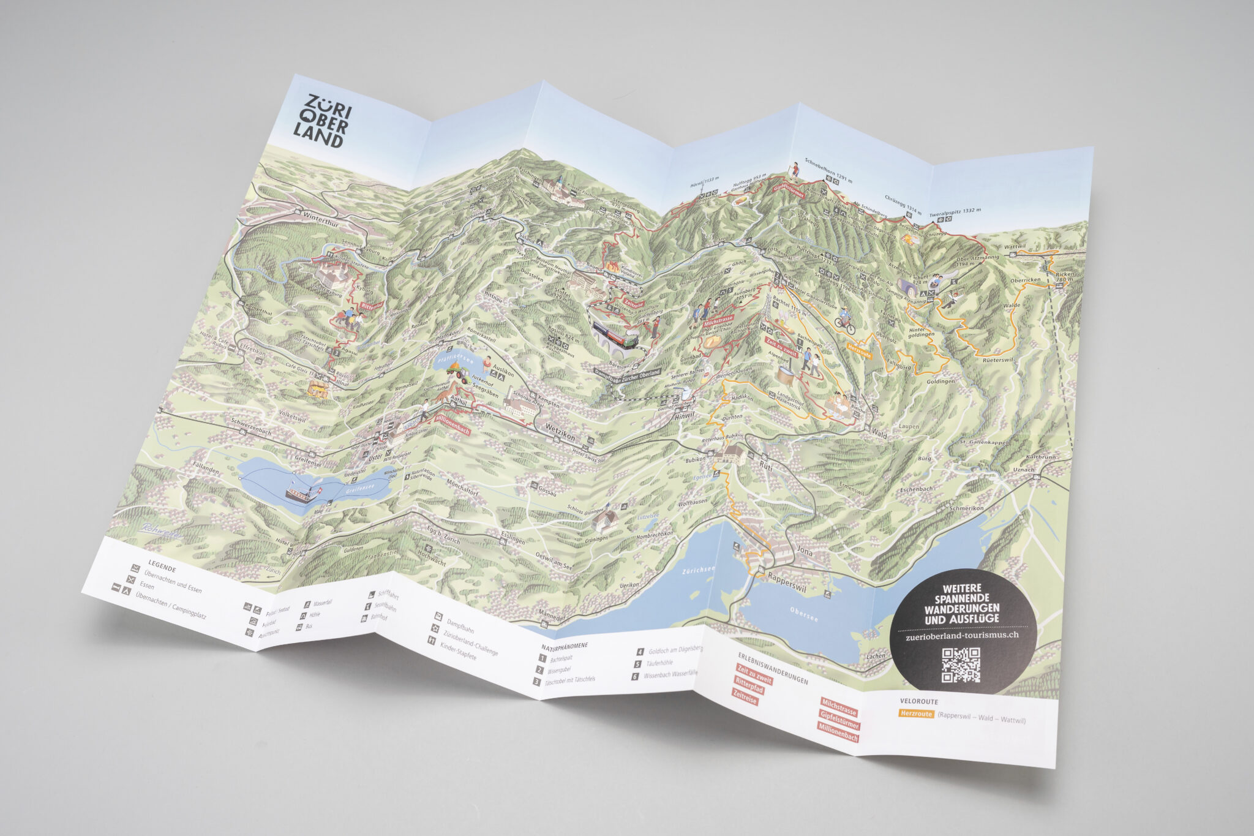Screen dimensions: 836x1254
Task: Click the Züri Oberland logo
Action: coord(323,121)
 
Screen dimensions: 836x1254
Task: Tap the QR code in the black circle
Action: coord(960,665)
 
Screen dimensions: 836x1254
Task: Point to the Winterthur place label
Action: coord(320,216)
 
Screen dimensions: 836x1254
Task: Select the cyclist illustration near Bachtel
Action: coord(844,320)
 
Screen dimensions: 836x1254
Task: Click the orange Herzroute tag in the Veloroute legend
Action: coord(916,714)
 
